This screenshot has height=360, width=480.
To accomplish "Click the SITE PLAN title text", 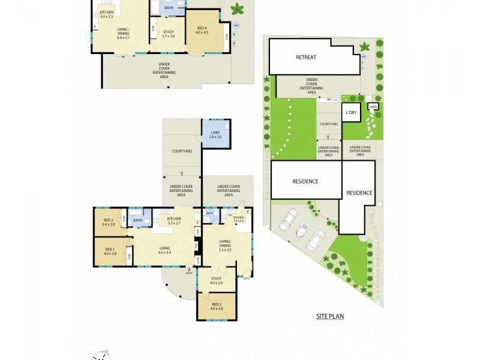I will (x=330, y=316).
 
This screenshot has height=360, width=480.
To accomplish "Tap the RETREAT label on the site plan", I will (x=305, y=58).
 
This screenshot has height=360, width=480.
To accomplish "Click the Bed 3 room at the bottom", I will (x=216, y=307).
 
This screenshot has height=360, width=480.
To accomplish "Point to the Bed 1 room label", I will (x=109, y=251).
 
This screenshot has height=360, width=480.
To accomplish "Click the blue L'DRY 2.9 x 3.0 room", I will (x=215, y=134).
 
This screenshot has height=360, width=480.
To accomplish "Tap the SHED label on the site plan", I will (x=373, y=107).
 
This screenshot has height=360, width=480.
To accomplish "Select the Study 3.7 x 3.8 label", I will (x=169, y=34).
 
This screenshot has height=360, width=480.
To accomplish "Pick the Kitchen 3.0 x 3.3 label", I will (x=107, y=14).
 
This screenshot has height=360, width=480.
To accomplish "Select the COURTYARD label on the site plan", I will (x=328, y=124).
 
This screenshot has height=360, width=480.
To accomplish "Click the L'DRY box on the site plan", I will (x=350, y=112).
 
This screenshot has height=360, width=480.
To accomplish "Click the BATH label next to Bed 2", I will (x=137, y=220).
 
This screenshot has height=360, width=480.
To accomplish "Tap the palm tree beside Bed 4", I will (x=238, y=9).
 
